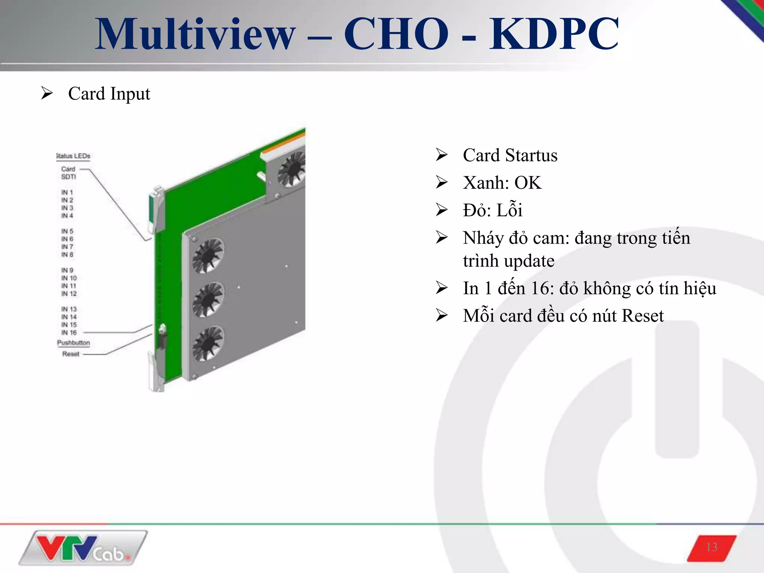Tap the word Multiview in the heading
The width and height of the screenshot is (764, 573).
click(195, 34)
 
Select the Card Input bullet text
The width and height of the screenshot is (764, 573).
click(109, 94)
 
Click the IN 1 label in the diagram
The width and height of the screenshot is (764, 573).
click(67, 192)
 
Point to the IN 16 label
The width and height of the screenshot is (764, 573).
click(69, 332)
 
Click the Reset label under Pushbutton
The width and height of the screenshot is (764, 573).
click(71, 354)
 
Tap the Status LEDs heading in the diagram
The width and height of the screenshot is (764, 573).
click(73, 156)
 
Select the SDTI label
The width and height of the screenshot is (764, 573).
click(68, 177)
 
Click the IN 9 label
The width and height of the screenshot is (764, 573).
click(67, 270)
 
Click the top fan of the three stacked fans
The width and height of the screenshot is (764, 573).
click(208, 256)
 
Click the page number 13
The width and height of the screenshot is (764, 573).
click(712, 547)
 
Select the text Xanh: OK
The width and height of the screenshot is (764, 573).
click(502, 183)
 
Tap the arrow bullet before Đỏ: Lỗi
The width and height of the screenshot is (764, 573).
click(442, 210)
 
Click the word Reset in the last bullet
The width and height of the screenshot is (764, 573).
click(643, 316)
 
